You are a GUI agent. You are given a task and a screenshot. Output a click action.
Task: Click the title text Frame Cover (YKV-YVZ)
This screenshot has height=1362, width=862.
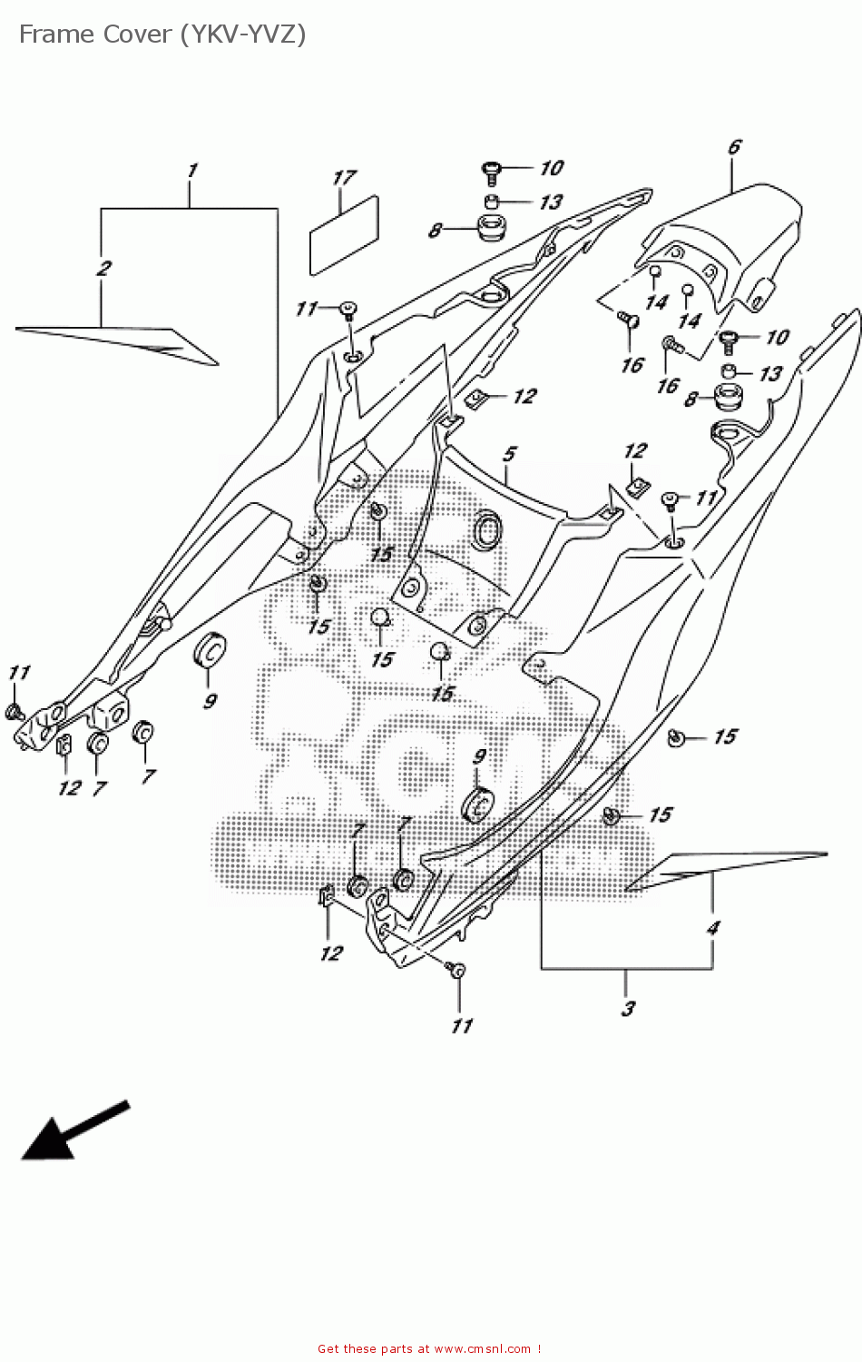click(162, 35)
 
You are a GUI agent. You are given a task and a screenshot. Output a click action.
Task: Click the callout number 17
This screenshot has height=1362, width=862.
click(344, 178)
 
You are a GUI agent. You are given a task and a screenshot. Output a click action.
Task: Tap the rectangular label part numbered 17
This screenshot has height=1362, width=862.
click(344, 233)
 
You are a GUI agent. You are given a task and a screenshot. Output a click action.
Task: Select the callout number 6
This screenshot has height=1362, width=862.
click(734, 147)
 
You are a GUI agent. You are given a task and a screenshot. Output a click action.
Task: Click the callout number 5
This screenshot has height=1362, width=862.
click(509, 453)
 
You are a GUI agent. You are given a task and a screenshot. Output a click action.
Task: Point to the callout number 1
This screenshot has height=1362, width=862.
click(191, 171)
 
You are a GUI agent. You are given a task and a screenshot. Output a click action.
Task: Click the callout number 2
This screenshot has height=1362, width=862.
click(104, 269)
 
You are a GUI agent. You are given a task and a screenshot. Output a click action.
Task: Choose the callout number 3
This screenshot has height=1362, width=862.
click(628, 1008)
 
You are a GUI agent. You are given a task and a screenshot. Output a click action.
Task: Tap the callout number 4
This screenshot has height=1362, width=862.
click(713, 928)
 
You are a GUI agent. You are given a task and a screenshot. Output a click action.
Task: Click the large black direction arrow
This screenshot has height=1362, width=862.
click(73, 1130)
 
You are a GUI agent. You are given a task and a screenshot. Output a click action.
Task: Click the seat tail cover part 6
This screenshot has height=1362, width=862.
click(726, 236)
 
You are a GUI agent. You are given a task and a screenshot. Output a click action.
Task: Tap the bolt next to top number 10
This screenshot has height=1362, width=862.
click(492, 168)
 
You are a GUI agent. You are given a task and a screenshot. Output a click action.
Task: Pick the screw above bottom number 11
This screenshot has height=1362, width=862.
click(455, 970)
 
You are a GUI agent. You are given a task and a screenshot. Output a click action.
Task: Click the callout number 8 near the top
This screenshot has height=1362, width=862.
click(435, 231)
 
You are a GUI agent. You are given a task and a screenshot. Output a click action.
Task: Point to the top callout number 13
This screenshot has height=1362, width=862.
click(551, 202)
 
